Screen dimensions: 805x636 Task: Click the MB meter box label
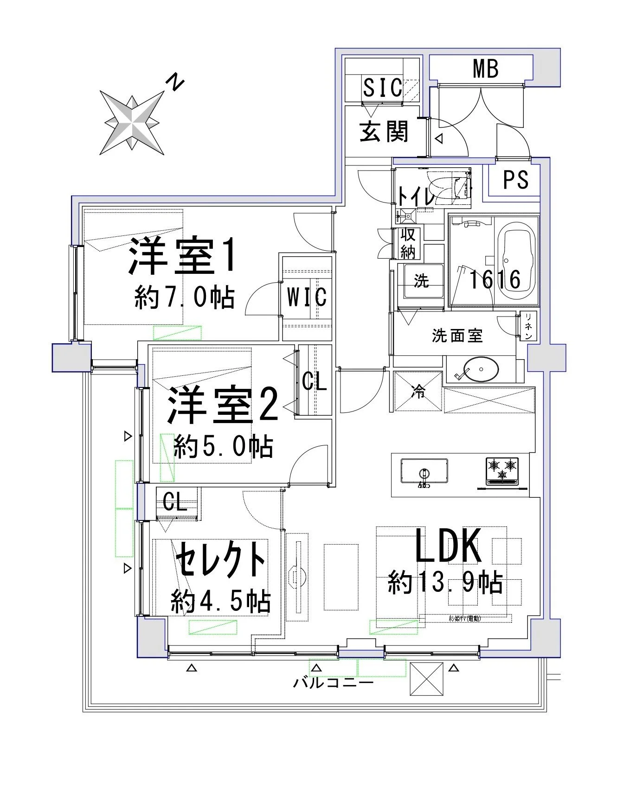[x=486, y=69]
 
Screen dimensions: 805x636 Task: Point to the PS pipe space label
[x=516, y=180]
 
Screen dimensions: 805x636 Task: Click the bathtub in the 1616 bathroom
[x=516, y=260]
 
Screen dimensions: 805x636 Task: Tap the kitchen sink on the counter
[x=424, y=471]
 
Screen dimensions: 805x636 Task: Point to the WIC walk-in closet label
[x=307, y=297]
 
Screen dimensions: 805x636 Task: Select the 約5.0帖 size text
[x=223, y=447]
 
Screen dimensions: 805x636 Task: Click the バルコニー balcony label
[x=333, y=683]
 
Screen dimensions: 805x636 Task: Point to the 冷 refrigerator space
[x=418, y=392]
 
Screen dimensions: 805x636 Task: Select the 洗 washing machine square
[x=421, y=281]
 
